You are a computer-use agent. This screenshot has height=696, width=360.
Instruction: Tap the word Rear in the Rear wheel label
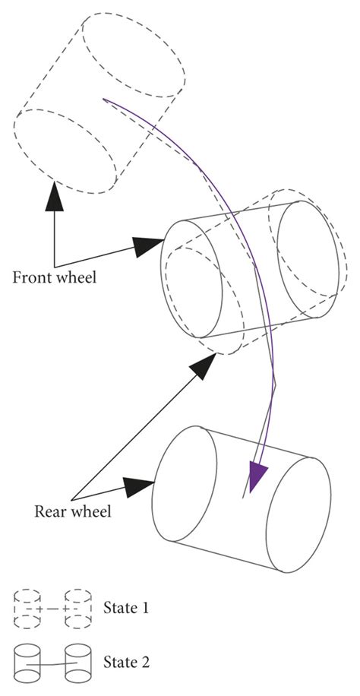click(x=51, y=511)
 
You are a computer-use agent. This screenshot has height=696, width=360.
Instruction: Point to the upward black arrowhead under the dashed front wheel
click(x=55, y=195)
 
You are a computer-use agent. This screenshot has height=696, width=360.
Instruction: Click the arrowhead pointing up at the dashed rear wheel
click(x=202, y=366)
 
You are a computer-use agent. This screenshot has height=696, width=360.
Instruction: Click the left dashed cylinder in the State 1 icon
click(x=29, y=608)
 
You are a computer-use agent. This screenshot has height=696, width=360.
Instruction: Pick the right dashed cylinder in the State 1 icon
click(x=79, y=608)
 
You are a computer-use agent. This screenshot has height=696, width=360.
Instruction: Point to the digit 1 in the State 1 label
click(x=145, y=608)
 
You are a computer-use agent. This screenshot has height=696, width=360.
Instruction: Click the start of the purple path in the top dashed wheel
click(x=103, y=98)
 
